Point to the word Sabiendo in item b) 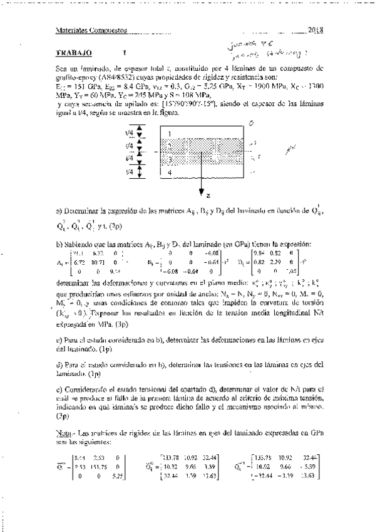pyautogui.click(x=78, y=242)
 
